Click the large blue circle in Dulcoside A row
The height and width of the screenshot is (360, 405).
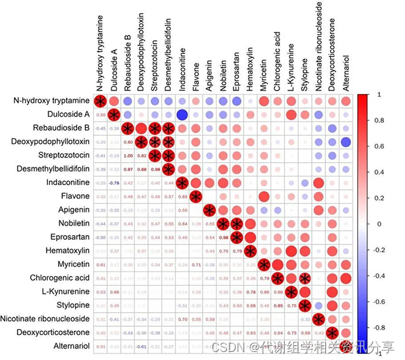pyautogui.click(x=182, y=115)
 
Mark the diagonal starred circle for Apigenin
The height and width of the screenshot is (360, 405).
pyautogui.click(x=209, y=210)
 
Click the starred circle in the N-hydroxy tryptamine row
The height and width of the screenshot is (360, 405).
pyautogui.click(x=100, y=101)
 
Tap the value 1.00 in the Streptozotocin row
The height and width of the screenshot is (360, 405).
pyautogui.click(x=128, y=156)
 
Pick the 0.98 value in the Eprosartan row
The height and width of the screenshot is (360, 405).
pyautogui.click(x=223, y=238)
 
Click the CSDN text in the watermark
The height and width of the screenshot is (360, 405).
pyautogui.click(x=227, y=346)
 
